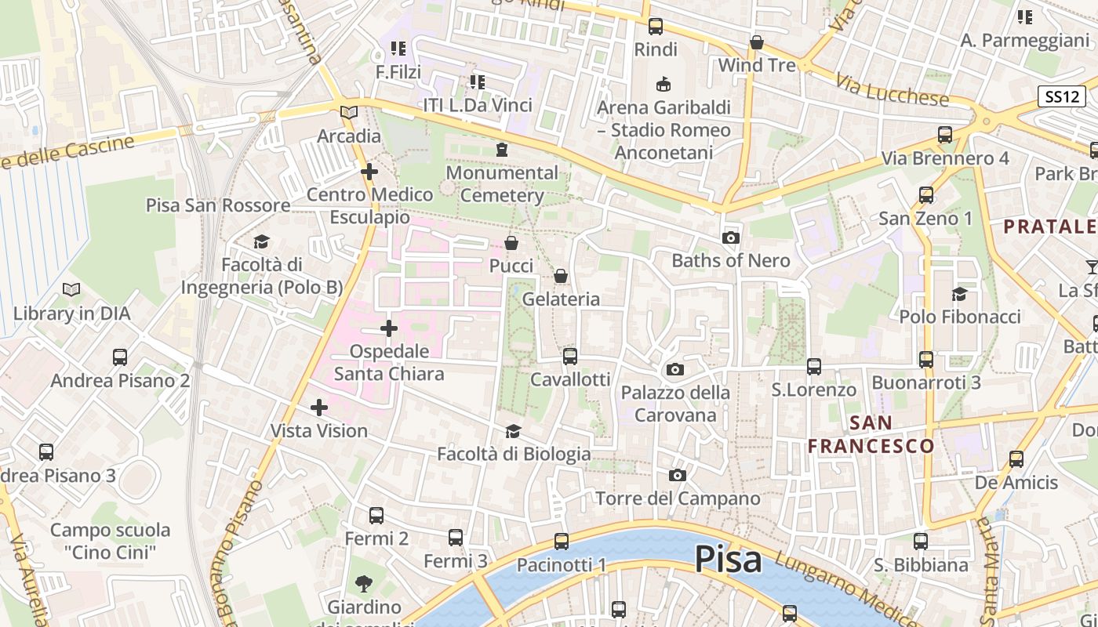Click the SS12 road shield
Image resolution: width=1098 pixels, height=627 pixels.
(x=1061, y=96)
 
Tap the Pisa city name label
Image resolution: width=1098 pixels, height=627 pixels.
(x=728, y=560)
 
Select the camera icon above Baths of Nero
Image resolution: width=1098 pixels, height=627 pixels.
(x=731, y=237)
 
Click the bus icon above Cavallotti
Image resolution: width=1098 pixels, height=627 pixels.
(x=570, y=357)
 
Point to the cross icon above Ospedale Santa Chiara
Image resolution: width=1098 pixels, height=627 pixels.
(x=389, y=328)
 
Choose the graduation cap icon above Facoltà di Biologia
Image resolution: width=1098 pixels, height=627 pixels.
(x=513, y=431)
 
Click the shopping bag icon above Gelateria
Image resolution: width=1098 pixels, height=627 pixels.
(x=561, y=276)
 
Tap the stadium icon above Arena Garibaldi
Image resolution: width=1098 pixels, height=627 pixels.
(x=664, y=83)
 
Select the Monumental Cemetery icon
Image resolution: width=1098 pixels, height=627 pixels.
(x=502, y=149)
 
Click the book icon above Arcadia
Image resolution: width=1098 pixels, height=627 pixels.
(x=349, y=113)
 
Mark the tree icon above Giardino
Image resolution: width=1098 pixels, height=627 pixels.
(x=363, y=583)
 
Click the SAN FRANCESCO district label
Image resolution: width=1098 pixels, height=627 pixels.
(x=871, y=434)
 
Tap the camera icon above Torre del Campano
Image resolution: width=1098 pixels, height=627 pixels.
(x=678, y=475)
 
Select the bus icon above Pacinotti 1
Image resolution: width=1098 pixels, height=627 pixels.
(x=562, y=542)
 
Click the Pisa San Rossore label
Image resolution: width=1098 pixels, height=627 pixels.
(x=218, y=205)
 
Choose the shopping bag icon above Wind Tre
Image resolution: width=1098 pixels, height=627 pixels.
(x=757, y=42)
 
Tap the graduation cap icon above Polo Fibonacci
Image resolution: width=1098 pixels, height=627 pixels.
(x=959, y=294)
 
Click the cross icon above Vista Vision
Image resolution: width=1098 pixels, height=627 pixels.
(x=319, y=408)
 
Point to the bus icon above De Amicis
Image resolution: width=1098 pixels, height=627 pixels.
(x=1016, y=459)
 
